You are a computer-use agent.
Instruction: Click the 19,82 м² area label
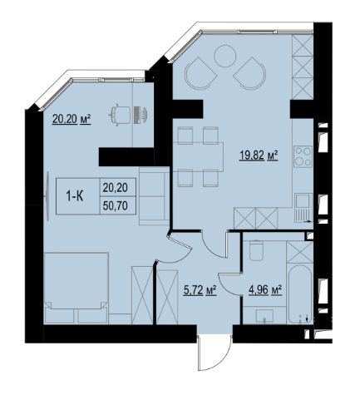pos(259,156)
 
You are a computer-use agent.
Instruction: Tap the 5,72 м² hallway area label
pos(200,290)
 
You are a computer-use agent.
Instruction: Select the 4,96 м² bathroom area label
pos(265,290)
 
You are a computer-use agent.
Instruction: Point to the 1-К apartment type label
pos(75,196)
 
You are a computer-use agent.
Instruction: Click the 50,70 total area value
pos(116,205)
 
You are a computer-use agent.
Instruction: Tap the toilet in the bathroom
pos(255,250)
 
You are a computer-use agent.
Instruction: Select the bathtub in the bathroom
pos(299,294)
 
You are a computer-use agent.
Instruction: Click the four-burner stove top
pos(303,156)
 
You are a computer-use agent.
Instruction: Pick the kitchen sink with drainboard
pos(303,208)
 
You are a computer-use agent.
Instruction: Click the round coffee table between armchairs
pos(225,56)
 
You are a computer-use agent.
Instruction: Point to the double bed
pos(76,288)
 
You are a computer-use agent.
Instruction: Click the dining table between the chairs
pos(198,156)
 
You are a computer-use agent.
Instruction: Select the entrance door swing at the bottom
pos(215,353)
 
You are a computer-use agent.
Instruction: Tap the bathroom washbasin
pos(264,316)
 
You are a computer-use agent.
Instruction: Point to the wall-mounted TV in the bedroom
pos(47,196)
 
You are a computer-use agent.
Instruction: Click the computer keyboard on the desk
pos(136,115)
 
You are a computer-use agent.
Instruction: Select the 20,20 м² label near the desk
pos(72,120)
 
